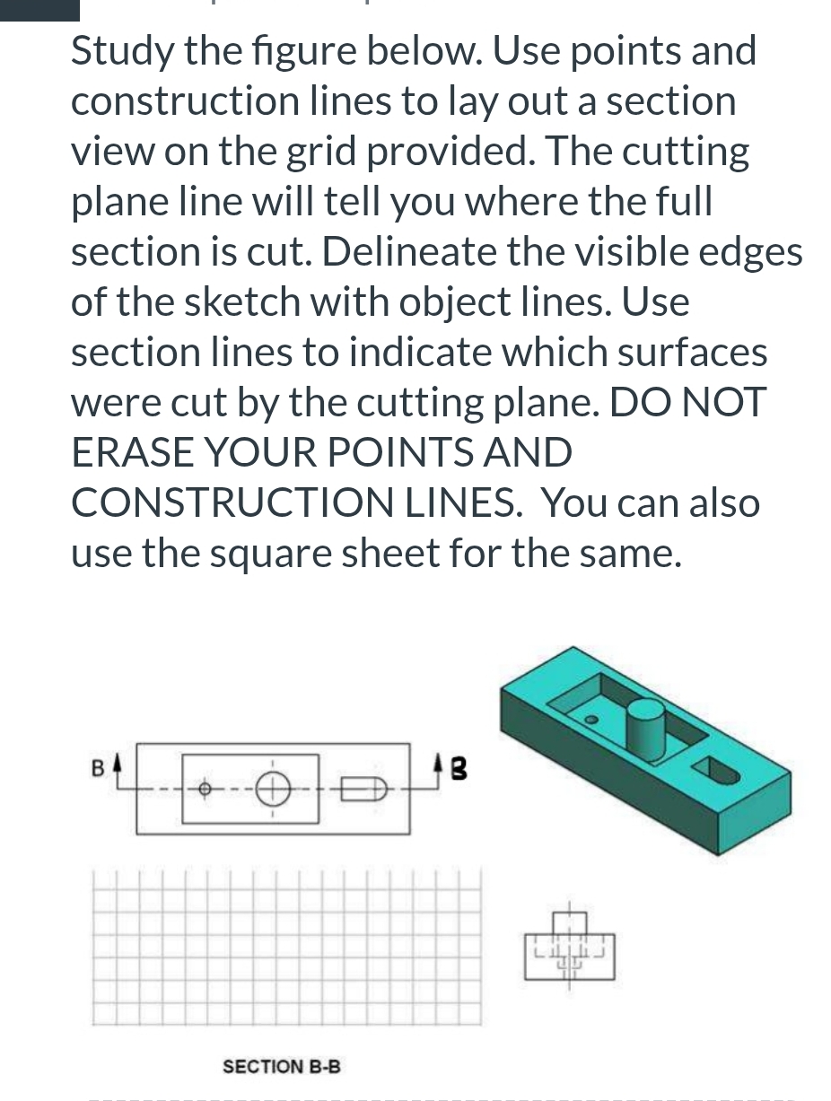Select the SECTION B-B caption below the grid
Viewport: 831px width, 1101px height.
[281, 1067]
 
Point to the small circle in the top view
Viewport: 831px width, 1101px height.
[204, 790]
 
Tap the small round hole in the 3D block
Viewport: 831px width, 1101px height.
[590, 720]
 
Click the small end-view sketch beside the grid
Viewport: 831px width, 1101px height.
[569, 948]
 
